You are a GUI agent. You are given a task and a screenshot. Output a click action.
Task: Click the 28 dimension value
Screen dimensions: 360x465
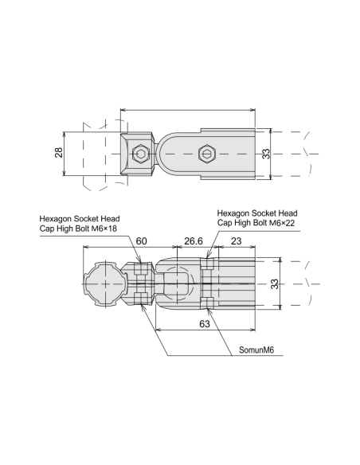[59, 152]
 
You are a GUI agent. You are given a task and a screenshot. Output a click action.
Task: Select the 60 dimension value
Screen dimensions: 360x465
[141, 240]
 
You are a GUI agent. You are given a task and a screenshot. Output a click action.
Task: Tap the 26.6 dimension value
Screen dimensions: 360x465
[194, 241]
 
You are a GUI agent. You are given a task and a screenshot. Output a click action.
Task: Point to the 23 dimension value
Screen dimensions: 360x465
[236, 240]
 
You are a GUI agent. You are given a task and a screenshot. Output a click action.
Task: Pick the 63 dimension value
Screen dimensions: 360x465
[205, 324]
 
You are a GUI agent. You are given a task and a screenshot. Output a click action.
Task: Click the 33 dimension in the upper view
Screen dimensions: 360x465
[266, 154]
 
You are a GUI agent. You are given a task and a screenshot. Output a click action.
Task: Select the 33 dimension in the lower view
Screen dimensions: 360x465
[275, 283]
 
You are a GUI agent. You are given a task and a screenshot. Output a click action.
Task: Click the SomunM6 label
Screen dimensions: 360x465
[256, 350]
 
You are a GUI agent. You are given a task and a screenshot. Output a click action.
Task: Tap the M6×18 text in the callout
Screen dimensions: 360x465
[104, 229]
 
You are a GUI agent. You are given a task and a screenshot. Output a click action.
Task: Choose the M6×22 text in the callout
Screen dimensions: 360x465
[282, 223]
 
